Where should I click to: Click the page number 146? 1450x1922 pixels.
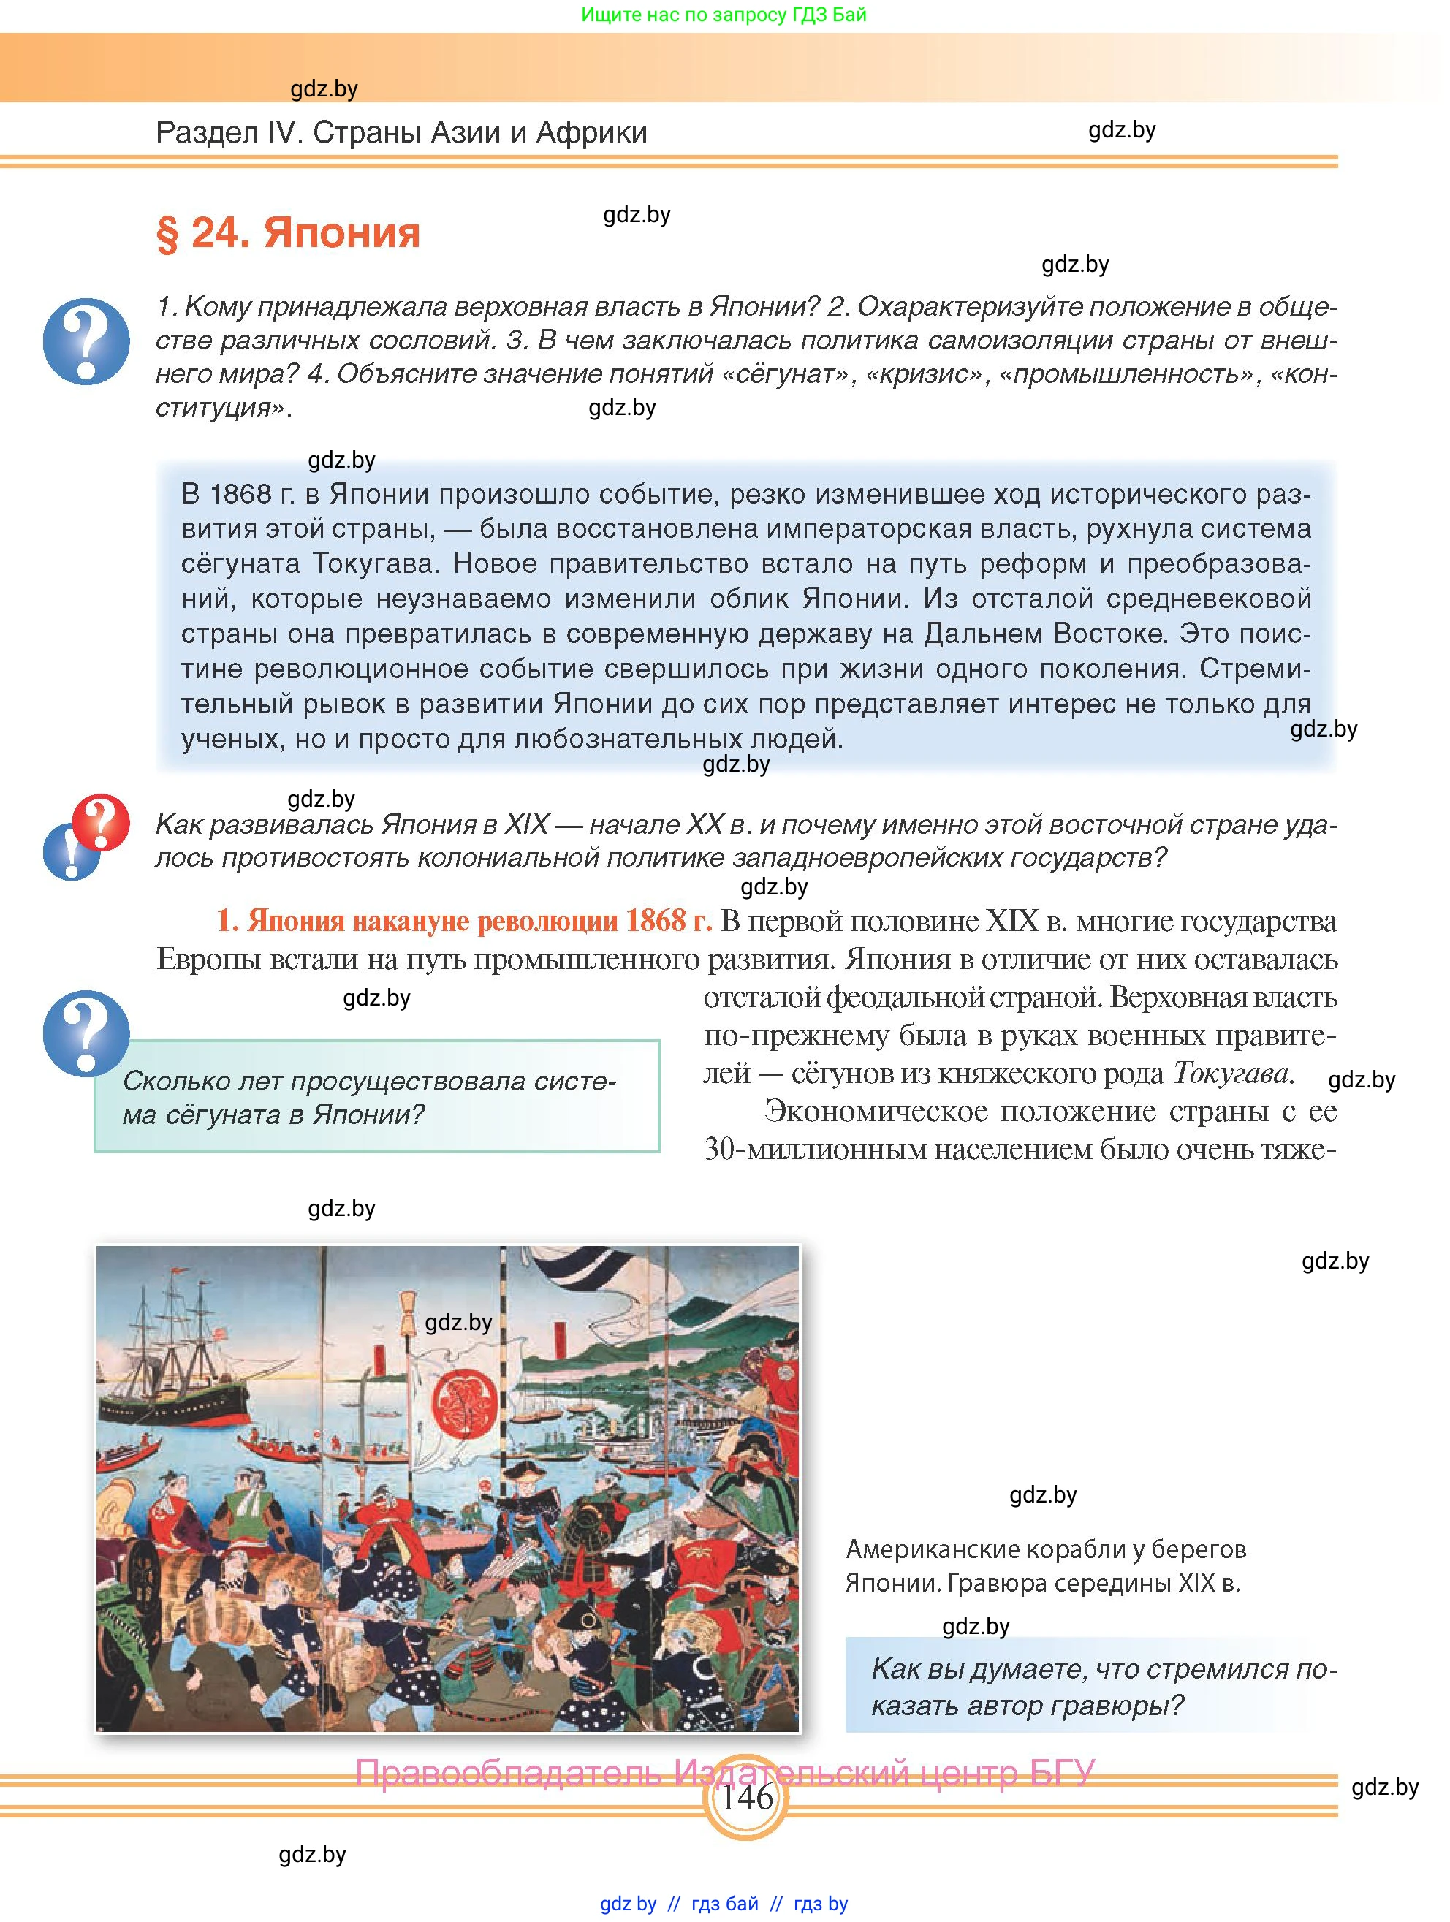tap(746, 1796)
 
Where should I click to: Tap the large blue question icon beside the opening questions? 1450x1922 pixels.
tap(86, 341)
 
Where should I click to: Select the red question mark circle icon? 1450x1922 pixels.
tap(100, 821)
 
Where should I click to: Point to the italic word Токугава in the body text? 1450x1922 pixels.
tap(1230, 1074)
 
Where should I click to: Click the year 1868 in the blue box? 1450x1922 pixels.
tap(240, 495)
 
